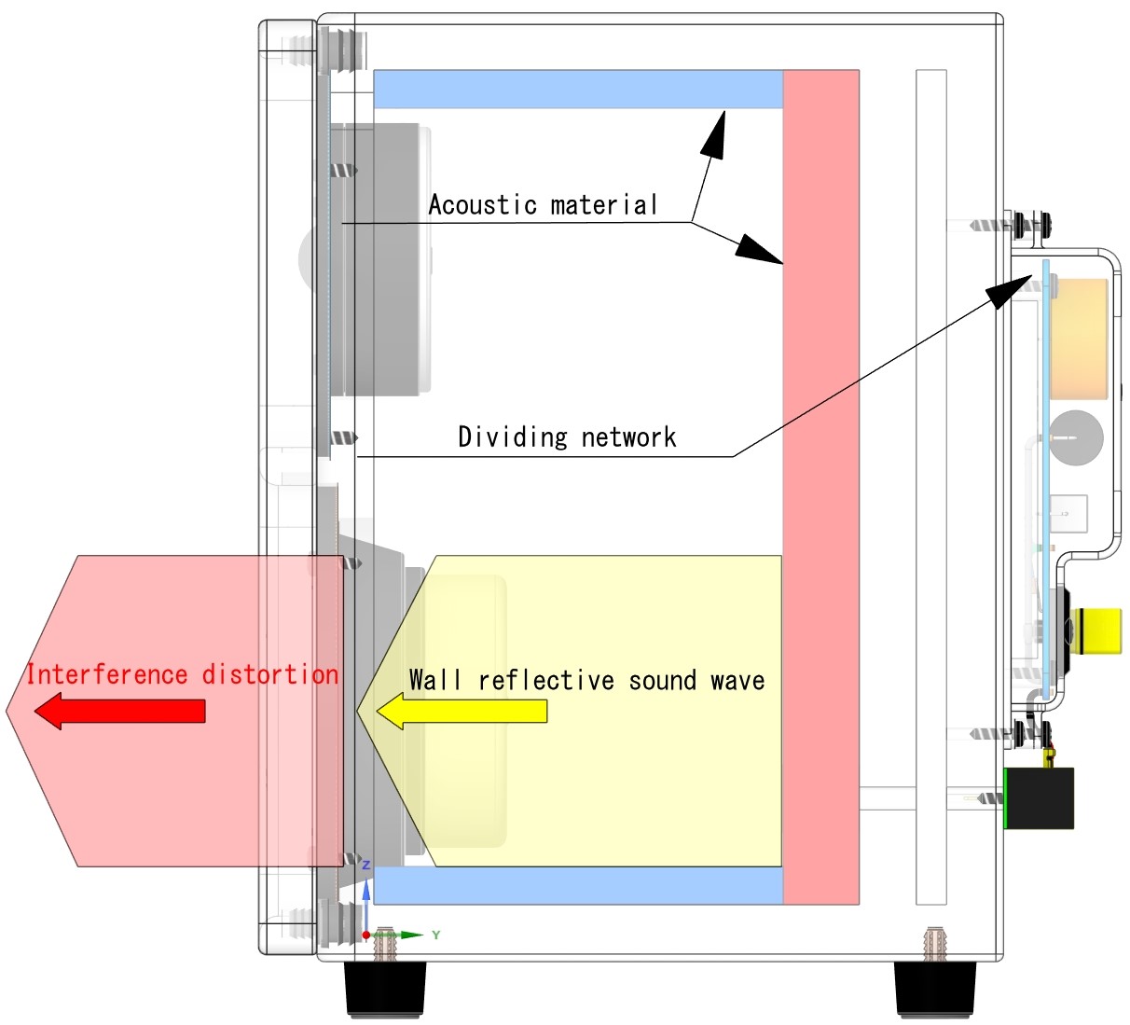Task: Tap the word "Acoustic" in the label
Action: click(x=482, y=205)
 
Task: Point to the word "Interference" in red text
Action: click(x=106, y=674)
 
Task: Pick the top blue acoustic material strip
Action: click(x=578, y=89)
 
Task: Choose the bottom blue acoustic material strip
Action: click(x=578, y=885)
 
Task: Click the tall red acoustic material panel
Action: click(x=820, y=485)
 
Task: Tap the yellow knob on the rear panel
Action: click(x=1096, y=630)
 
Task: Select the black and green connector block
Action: click(x=1039, y=798)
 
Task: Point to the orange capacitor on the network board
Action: click(x=1080, y=339)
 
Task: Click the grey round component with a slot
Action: click(x=1076, y=436)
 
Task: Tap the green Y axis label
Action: click(x=435, y=935)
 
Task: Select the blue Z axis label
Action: click(x=366, y=866)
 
